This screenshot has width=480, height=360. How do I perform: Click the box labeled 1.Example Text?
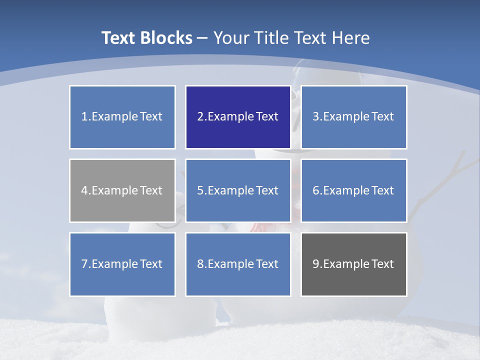pos(122,117)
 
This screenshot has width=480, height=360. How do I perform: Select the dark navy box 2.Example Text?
pos(238,117)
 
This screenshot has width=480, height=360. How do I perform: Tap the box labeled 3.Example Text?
pos(353,117)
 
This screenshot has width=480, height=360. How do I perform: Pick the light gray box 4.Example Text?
pos(122,190)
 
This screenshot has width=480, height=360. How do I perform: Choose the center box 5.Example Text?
pos(238,190)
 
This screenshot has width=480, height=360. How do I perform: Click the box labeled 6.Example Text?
pos(353,190)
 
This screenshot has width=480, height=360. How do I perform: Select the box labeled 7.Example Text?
pos(122,264)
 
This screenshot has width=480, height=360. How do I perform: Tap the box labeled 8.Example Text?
pos(238,264)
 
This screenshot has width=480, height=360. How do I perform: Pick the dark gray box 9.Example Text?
pos(353,264)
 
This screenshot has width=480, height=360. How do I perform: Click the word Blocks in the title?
pos(167,38)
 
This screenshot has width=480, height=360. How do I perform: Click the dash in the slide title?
pos(202,38)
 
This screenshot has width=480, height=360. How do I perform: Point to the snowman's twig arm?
pos(440,185)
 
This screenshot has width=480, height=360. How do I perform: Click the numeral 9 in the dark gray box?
pos(316,264)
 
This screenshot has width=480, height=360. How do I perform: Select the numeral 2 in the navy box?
pos(200,117)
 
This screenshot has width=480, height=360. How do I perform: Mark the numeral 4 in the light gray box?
pos(84,190)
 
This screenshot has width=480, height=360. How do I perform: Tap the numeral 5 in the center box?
pos(200,190)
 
